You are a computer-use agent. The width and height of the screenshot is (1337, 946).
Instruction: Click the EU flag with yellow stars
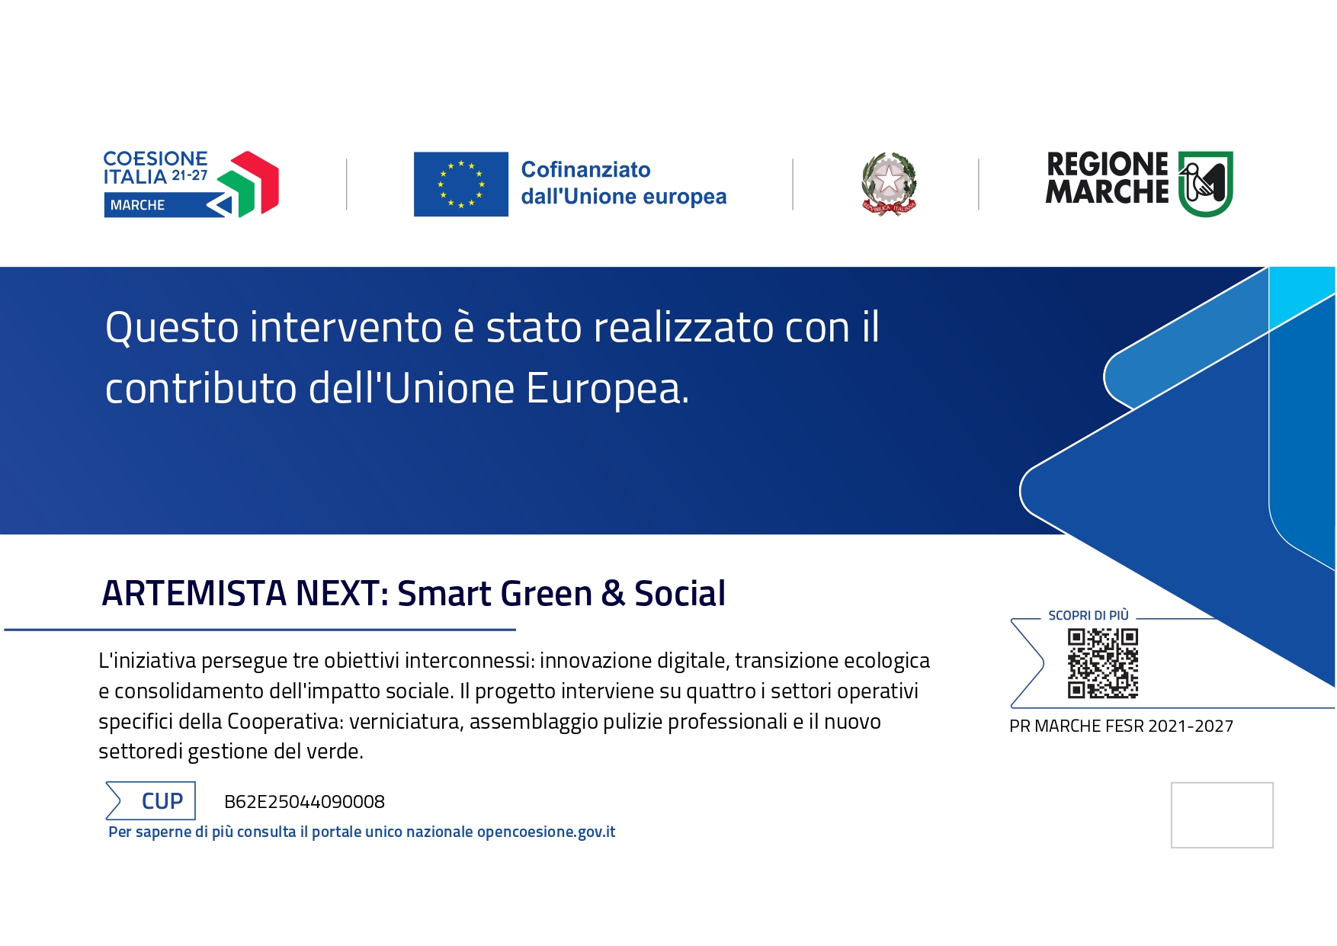pos(460,184)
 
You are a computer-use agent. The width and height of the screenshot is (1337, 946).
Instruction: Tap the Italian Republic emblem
pos(889,184)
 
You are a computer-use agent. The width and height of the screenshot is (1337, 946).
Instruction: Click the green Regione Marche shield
pos(1205,184)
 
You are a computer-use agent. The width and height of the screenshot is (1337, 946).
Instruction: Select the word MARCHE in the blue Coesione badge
pos(137,205)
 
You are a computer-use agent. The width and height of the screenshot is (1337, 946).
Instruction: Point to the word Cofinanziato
pos(585,169)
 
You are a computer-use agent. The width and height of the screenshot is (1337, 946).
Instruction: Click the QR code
pos(1102,663)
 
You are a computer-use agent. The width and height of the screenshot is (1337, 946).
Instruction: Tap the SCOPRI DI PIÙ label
pos(1088,615)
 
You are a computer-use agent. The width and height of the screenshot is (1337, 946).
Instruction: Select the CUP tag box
pos(151,801)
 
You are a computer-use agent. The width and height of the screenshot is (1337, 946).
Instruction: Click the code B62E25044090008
pos(304,802)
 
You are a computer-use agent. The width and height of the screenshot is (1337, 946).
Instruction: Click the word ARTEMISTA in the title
pos(194,594)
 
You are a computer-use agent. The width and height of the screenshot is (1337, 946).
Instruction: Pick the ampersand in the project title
pos(612,594)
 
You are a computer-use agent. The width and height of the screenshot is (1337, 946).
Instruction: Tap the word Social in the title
pos(679,594)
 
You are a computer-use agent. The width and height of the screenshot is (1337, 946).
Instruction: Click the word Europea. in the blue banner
pos(607,389)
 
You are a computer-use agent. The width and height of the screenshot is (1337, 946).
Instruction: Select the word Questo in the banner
pos(172,329)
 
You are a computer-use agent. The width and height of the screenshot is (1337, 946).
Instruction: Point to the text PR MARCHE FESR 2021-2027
pos(1121,726)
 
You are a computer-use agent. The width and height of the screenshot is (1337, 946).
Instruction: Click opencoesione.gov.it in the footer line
pos(546,832)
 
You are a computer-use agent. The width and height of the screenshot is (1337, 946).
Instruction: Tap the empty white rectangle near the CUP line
pos(1221,815)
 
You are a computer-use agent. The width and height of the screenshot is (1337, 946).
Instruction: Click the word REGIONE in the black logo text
pos(1107,164)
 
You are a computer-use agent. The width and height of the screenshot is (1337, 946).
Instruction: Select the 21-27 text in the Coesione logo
pos(189,175)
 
